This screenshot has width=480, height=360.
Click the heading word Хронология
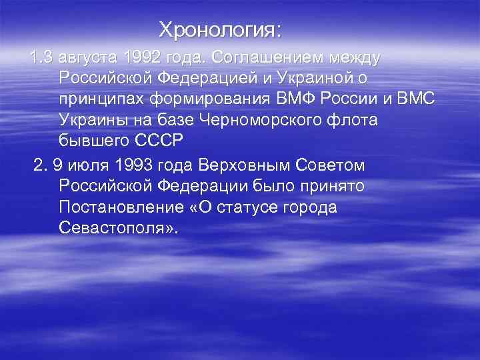click(219, 30)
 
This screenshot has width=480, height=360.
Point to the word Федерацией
click(201, 79)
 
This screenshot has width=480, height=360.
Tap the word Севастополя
click(117, 228)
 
